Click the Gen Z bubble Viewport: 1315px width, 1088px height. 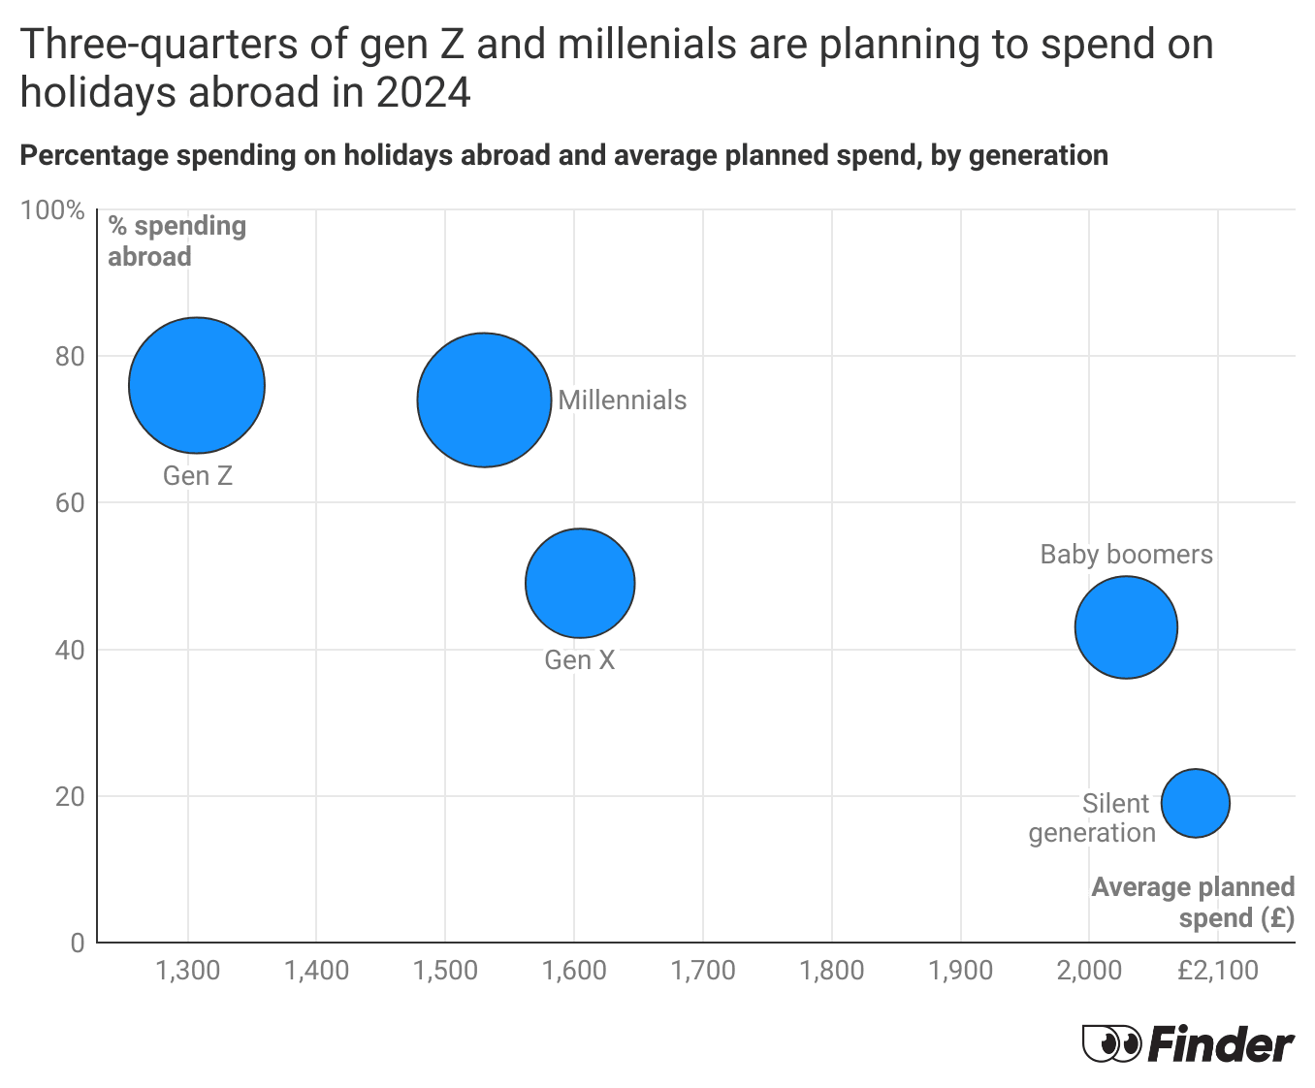click(197, 385)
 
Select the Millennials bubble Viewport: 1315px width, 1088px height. click(484, 400)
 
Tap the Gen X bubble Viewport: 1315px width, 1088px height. click(580, 583)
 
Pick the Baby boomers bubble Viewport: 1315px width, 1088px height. click(1126, 627)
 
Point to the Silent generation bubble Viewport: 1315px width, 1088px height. click(1196, 803)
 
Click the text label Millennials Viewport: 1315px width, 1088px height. click(622, 400)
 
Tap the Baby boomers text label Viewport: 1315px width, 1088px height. click(1126, 555)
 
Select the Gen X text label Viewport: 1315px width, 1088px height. click(580, 660)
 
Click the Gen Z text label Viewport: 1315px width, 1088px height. click(198, 476)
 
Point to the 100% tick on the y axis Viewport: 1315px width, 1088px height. click(52, 210)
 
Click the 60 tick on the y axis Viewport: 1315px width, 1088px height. click(70, 503)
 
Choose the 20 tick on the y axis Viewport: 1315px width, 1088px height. click(70, 797)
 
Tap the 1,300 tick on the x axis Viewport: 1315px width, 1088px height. click(188, 971)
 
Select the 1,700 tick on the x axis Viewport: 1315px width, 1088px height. click(703, 971)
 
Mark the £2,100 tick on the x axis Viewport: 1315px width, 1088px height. click(1217, 971)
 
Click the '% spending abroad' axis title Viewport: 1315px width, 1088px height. click(176, 240)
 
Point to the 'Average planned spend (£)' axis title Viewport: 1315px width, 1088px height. click(1193, 903)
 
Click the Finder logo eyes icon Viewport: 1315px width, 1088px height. click(1111, 1044)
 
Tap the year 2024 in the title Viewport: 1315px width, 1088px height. click(423, 93)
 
